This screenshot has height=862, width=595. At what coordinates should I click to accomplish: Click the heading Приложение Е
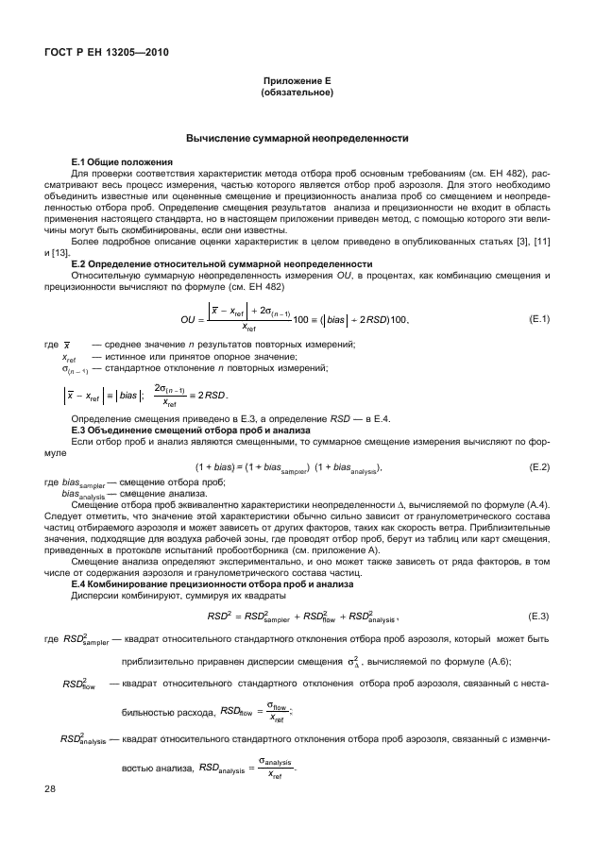coord(296,83)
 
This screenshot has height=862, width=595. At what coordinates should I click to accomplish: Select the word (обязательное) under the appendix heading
coord(296,94)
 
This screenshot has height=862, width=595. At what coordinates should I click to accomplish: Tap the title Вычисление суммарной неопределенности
coord(296,139)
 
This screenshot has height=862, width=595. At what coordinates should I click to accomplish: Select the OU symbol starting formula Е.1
coord(194,319)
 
